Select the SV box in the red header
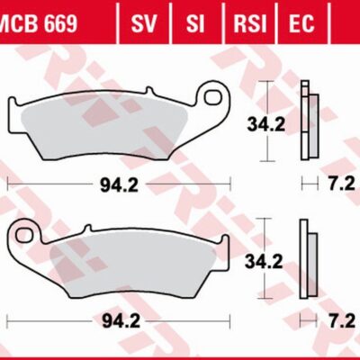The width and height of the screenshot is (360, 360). [x=141, y=22]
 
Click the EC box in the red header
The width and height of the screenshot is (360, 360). [x=301, y=22]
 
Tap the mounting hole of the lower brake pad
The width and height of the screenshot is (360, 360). [x=26, y=236]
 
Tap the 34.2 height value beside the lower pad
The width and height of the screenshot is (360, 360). [x=266, y=263]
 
